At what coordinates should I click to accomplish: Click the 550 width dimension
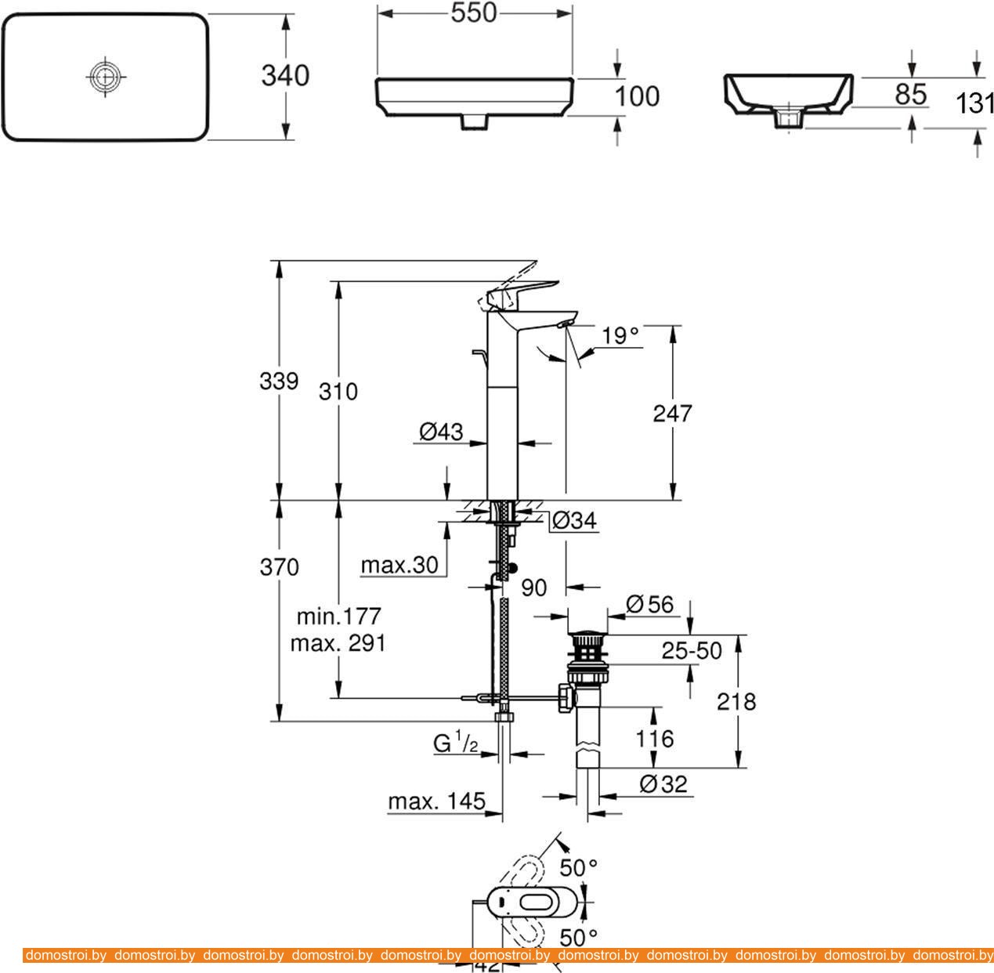coord(475,13)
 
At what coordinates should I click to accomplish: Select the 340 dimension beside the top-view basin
coord(285,76)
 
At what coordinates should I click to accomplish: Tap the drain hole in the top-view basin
coord(104,76)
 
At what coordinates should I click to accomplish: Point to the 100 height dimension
coord(637,96)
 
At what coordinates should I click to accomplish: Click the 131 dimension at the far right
coord(975,102)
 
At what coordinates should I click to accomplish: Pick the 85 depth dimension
coord(910,94)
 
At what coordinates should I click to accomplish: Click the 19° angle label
coord(620,336)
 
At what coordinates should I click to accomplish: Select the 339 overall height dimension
coord(279,382)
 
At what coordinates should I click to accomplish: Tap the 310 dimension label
coord(338,391)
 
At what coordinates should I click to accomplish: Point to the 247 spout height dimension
coord(672,413)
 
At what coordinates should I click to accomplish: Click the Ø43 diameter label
coord(440,431)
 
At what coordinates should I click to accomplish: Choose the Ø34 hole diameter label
coord(573,520)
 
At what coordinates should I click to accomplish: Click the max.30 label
coord(399,566)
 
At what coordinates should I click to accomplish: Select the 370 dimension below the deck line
coord(279,566)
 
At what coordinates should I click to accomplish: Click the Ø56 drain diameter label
coord(649,604)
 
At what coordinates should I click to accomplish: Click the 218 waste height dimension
coord(736,701)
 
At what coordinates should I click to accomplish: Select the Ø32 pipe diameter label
coord(663,784)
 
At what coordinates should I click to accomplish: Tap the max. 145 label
coord(436,802)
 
